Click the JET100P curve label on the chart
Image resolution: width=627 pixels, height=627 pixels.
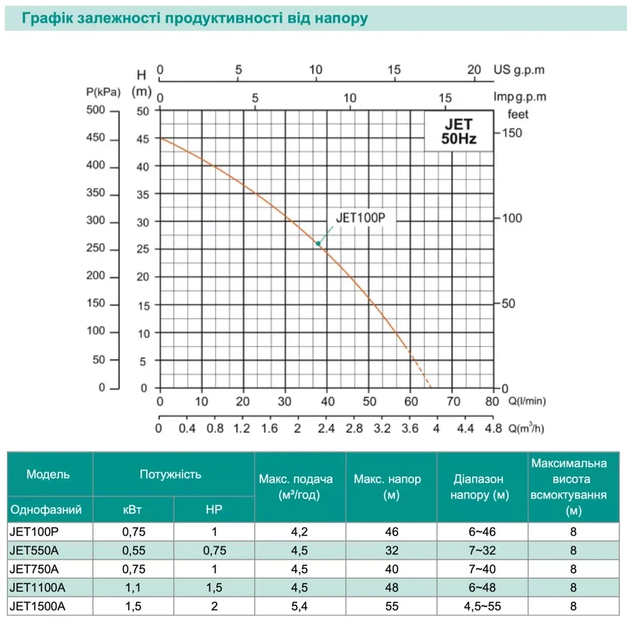359,219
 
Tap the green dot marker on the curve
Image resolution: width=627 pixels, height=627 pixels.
319,243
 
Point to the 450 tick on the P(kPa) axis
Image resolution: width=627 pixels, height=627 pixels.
98,140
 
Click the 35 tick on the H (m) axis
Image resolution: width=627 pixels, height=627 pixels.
143,194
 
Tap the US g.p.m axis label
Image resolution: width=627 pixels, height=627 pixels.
520,70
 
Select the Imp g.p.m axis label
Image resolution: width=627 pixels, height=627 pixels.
520,97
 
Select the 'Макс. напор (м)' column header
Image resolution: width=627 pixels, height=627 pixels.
387,487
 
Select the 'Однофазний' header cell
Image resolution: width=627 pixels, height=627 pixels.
46,509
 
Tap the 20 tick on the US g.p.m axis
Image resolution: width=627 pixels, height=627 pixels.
475,70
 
